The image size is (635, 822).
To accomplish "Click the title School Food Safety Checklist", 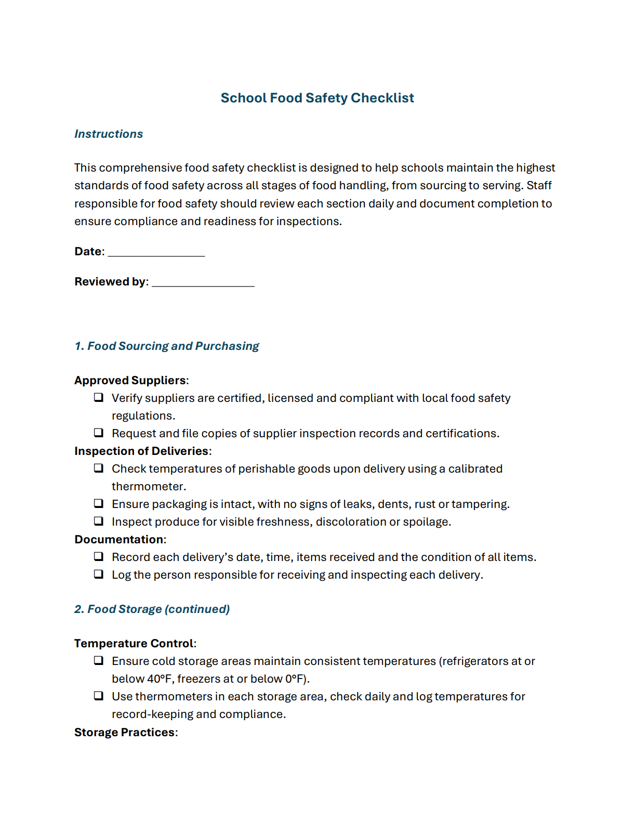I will coord(317,98).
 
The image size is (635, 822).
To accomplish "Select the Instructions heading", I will coord(108,134).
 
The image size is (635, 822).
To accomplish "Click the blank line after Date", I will coord(156,253).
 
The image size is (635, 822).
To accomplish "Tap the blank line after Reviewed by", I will coord(203,283).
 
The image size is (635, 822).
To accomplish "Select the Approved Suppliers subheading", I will coord(130,380).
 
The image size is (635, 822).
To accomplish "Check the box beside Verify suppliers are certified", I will coord(98,397).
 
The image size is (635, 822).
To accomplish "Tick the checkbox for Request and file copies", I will coord(98,433).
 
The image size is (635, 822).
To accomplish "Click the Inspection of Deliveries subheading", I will coord(141,451).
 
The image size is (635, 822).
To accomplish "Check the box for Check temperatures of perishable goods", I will coord(98,468).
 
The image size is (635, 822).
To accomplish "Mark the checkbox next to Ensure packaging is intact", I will coord(98,503).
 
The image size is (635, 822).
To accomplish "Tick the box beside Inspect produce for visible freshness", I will coord(98,521).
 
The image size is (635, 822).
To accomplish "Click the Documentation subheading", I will coord(119,539).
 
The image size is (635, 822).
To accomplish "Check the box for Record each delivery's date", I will coord(98,556).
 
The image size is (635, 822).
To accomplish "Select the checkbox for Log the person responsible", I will coord(98,574).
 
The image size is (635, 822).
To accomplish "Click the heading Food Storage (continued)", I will coord(152,609).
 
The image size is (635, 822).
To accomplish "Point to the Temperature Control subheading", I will coord(134,643).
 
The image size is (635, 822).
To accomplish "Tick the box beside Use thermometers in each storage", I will coord(98,696).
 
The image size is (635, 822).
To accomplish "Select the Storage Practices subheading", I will coord(125,732).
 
